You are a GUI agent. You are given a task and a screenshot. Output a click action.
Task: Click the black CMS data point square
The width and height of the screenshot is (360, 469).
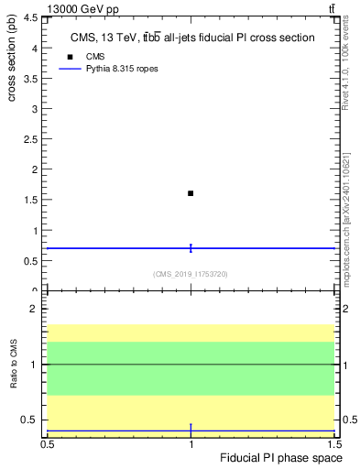[191, 193]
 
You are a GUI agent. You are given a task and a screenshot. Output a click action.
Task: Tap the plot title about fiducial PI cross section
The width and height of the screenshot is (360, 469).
[192, 38]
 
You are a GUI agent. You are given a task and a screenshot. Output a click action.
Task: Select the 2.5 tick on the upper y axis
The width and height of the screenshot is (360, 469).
[33, 139]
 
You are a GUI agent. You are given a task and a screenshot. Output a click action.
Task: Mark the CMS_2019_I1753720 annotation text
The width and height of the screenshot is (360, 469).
[191, 274]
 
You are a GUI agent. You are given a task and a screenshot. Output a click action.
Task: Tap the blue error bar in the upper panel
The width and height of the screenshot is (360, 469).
[191, 247]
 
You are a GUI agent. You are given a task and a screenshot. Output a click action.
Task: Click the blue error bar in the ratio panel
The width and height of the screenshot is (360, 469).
[191, 430]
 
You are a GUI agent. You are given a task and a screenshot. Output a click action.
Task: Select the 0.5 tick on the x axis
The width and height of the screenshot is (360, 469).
[48, 444]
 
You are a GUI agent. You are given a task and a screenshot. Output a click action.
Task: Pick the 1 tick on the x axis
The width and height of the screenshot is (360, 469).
[191, 444]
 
